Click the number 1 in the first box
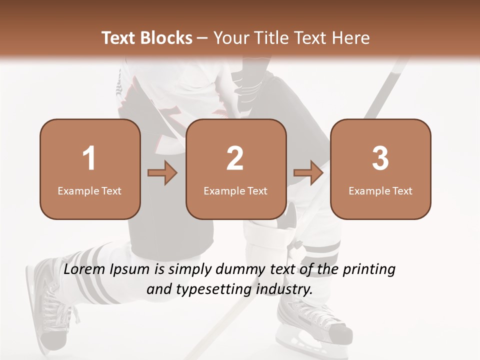[x=89, y=158]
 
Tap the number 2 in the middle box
[x=235, y=158]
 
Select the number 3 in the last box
[x=380, y=158]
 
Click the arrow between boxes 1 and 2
[x=162, y=173]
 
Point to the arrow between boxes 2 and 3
[x=308, y=173]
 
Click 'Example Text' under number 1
[x=89, y=190]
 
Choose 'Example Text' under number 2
[x=235, y=190]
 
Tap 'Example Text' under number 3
[x=380, y=190]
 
